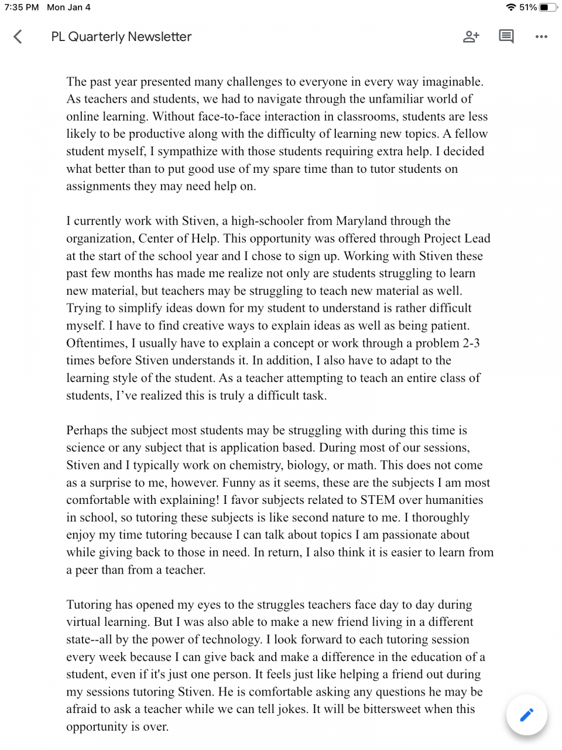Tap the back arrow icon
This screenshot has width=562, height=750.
tap(18, 37)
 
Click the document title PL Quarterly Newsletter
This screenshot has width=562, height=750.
tap(121, 37)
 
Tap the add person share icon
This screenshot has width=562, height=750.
tap(471, 37)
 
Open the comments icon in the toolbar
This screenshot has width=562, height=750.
tap(506, 37)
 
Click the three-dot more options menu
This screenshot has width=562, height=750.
tap(542, 37)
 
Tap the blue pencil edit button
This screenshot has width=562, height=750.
tap(527, 715)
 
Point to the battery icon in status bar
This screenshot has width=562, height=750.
tap(549, 8)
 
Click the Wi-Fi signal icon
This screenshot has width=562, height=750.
tap(511, 8)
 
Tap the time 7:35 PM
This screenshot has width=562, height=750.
tap(22, 8)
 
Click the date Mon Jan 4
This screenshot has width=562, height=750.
tap(69, 8)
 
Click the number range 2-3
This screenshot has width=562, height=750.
tap(471, 343)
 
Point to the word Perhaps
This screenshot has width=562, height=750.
tap(87, 431)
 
